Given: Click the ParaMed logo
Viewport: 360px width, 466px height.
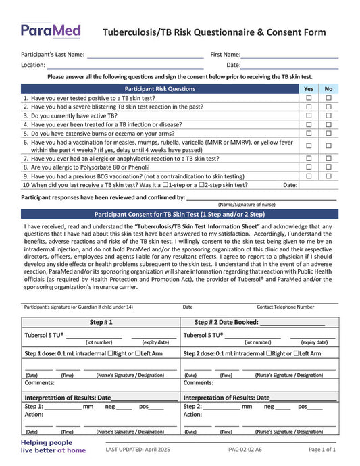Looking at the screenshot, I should coord(51,30).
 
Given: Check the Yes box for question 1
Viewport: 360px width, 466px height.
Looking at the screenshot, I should coord(309,98).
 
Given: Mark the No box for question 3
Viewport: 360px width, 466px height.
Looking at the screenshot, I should coord(329,115).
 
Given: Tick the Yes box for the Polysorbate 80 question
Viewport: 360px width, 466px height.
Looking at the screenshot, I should coord(309,166).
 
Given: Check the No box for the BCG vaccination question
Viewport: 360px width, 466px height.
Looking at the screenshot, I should coord(329,176).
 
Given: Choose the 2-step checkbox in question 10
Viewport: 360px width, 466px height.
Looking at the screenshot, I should coord(205,184).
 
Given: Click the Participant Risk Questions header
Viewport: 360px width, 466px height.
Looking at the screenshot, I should coord(160,88).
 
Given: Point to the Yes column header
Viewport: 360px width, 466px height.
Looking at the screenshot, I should coord(309,88).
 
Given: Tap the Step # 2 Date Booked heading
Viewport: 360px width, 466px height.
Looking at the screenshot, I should coord(259,322).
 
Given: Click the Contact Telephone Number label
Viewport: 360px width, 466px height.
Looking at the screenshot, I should coord(285,307).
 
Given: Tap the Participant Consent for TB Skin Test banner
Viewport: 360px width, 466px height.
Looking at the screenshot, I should coord(180,213).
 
